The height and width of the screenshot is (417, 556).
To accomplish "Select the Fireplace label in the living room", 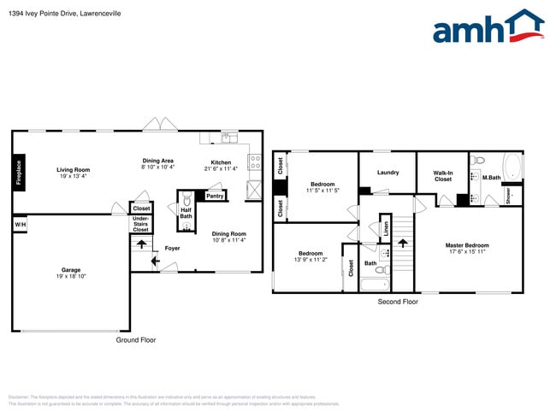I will click(x=20, y=173).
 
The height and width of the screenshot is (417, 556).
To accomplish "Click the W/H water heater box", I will click(x=20, y=224).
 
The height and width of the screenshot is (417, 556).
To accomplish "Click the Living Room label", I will click(x=74, y=169).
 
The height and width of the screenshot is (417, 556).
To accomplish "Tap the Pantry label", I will click(x=215, y=196).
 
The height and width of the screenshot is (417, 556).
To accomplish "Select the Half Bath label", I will click(x=186, y=213).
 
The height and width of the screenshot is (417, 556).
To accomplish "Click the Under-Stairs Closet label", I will click(x=141, y=225).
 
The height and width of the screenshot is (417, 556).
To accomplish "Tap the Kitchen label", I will click(x=221, y=162).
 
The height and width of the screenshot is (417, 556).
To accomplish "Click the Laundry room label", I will click(x=387, y=173).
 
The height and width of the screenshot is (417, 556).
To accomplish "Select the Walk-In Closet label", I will click(x=442, y=176).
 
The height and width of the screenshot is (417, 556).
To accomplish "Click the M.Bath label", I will click(x=491, y=178).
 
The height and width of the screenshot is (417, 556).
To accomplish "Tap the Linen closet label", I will click(x=386, y=228).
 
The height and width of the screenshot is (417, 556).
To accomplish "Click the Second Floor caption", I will click(x=398, y=302).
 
